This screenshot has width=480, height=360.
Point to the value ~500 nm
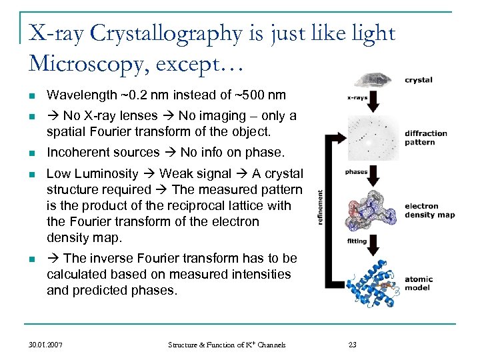pyautogui.click(x=260, y=95)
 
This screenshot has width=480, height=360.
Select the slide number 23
pyautogui.click(x=353, y=345)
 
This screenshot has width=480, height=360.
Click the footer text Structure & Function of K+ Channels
pyautogui.click(x=227, y=345)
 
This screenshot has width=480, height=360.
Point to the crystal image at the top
pyautogui.click(x=375, y=81)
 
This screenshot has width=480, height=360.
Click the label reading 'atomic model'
pyautogui.click(x=419, y=284)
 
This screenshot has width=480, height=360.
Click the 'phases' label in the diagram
pyautogui.click(x=356, y=171)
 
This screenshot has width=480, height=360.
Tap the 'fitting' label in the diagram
pyautogui.click(x=357, y=241)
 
